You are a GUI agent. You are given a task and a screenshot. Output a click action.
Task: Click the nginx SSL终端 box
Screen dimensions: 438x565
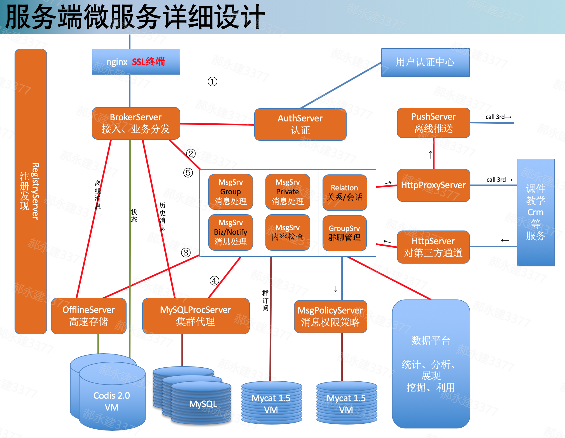tap(136, 62)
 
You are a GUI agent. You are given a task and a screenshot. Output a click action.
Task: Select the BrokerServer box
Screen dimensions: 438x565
tap(136, 123)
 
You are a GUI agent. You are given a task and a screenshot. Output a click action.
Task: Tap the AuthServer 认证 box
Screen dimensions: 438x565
tap(300, 125)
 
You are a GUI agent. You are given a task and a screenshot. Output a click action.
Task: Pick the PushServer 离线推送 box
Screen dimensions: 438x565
tap(433, 123)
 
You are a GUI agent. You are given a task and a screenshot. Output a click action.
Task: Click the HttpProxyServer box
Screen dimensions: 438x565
tap(433, 185)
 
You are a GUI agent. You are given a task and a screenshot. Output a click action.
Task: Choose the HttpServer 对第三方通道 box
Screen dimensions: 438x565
tap(433, 247)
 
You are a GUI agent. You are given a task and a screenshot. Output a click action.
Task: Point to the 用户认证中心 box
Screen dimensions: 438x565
tap(425, 62)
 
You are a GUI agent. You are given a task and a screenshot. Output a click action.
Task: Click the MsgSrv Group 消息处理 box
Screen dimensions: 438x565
tap(231, 192)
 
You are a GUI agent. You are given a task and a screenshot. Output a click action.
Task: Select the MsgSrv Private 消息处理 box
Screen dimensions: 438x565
tap(288, 192)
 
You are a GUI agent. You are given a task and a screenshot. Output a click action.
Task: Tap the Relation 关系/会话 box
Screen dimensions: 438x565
tap(345, 193)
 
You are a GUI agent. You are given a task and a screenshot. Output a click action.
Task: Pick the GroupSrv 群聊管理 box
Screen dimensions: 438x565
tap(344, 233)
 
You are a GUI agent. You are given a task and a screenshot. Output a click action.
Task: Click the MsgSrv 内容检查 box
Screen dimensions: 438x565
tap(288, 232)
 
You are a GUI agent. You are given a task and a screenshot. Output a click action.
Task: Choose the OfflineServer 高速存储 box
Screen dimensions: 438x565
tap(88, 316)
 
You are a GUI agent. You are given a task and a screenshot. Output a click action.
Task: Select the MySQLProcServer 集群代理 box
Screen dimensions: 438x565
tap(195, 316)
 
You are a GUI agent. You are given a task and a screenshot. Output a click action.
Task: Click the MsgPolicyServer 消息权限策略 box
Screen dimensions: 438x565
tap(330, 317)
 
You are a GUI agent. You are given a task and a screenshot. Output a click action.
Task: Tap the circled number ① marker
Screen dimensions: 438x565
tap(213, 82)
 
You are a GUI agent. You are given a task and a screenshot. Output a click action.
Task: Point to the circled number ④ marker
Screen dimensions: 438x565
tap(214, 281)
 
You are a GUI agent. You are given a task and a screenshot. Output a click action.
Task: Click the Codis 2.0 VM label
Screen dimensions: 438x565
tap(112, 401)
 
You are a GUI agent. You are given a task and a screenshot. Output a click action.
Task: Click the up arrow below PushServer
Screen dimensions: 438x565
tap(431, 155)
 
